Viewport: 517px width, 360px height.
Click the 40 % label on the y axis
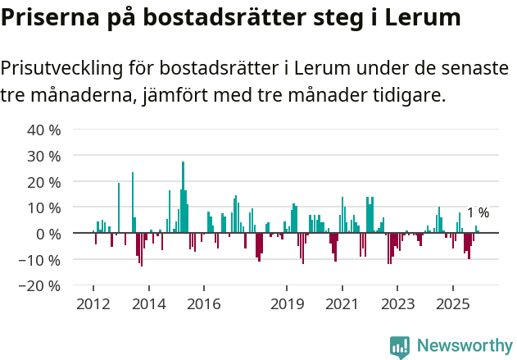click(44, 130)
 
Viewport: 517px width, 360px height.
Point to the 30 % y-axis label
click(44, 156)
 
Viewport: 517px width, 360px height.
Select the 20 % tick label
click(44, 182)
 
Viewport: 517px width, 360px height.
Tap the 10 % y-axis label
click(44, 207)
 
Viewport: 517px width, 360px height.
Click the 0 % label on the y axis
click(48, 234)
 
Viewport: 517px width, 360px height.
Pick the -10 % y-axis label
click(42, 260)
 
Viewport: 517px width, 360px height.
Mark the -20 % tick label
click(42, 286)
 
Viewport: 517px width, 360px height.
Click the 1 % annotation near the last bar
click(478, 213)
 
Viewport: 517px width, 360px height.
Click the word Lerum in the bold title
click(420, 17)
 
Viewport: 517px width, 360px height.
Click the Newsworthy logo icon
click(400, 347)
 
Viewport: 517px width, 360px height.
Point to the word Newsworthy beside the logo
click(464, 347)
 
